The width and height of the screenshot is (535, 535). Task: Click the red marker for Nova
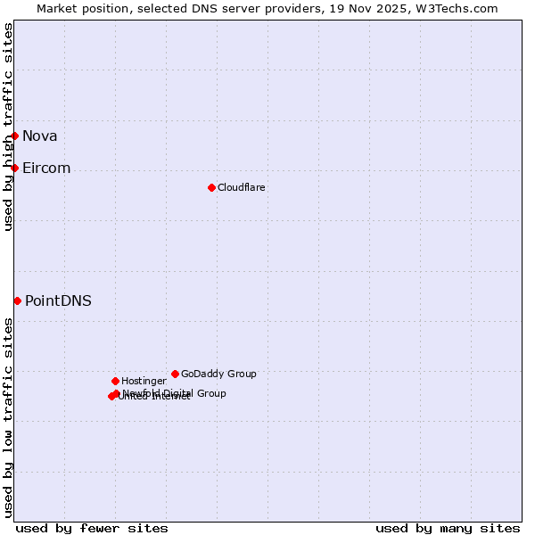coord(15,136)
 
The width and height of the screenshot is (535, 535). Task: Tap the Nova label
coord(40,136)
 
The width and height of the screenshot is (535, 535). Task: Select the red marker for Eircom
coord(15,168)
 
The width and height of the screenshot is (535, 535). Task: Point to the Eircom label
coord(46,168)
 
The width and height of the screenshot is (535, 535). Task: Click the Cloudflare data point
coord(211,187)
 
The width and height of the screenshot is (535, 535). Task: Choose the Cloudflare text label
coord(242,187)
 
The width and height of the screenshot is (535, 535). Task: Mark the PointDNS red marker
coord(17,300)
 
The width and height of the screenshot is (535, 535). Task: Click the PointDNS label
coord(58,300)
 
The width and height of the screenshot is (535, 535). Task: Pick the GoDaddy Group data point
coord(175,374)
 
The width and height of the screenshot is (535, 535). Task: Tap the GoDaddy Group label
coord(218,374)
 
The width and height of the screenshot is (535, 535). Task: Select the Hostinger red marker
coord(115,381)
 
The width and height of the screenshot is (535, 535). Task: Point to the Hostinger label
coord(144,381)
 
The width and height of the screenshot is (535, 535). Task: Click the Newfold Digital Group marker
coord(117,393)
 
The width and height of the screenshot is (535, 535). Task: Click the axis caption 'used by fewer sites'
coord(92,528)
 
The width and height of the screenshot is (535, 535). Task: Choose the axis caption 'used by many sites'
coord(448,528)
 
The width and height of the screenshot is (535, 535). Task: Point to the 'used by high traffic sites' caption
coord(8,127)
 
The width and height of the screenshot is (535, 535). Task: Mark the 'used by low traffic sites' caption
coord(8,417)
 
